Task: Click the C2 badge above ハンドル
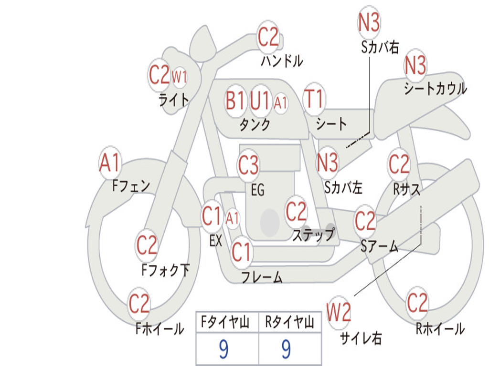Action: pyautogui.click(x=268, y=37)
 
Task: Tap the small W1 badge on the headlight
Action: pyautogui.click(x=179, y=77)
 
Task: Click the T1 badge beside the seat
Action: pyautogui.click(x=314, y=100)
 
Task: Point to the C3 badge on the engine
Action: pyautogui.click(x=248, y=165)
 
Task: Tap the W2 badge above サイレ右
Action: pyautogui.click(x=339, y=313)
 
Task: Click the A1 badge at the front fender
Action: pyautogui.click(x=110, y=163)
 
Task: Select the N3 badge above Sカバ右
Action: pyautogui.click(x=369, y=22)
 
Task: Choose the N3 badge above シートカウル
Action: pyautogui.click(x=415, y=66)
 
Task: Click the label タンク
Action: pyautogui.click(x=255, y=125)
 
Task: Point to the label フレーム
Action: pyautogui.click(x=262, y=277)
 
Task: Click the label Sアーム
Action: pyautogui.click(x=379, y=246)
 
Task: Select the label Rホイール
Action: pyautogui.click(x=440, y=329)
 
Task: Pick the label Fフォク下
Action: pyautogui.click(x=165, y=270)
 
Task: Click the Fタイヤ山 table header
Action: pyautogui.click(x=224, y=323)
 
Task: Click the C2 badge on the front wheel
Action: pyautogui.click(x=139, y=304)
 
